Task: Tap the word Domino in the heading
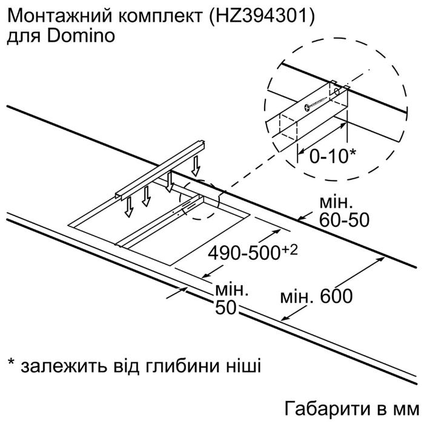point(81,36)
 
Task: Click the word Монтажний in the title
point(59,17)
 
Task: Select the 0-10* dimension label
point(333,156)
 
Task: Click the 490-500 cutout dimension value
point(243,253)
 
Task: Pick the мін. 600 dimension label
point(316,296)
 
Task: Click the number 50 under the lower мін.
point(225,308)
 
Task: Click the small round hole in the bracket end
point(337,92)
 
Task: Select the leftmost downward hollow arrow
point(129,207)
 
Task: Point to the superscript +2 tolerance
point(290,250)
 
